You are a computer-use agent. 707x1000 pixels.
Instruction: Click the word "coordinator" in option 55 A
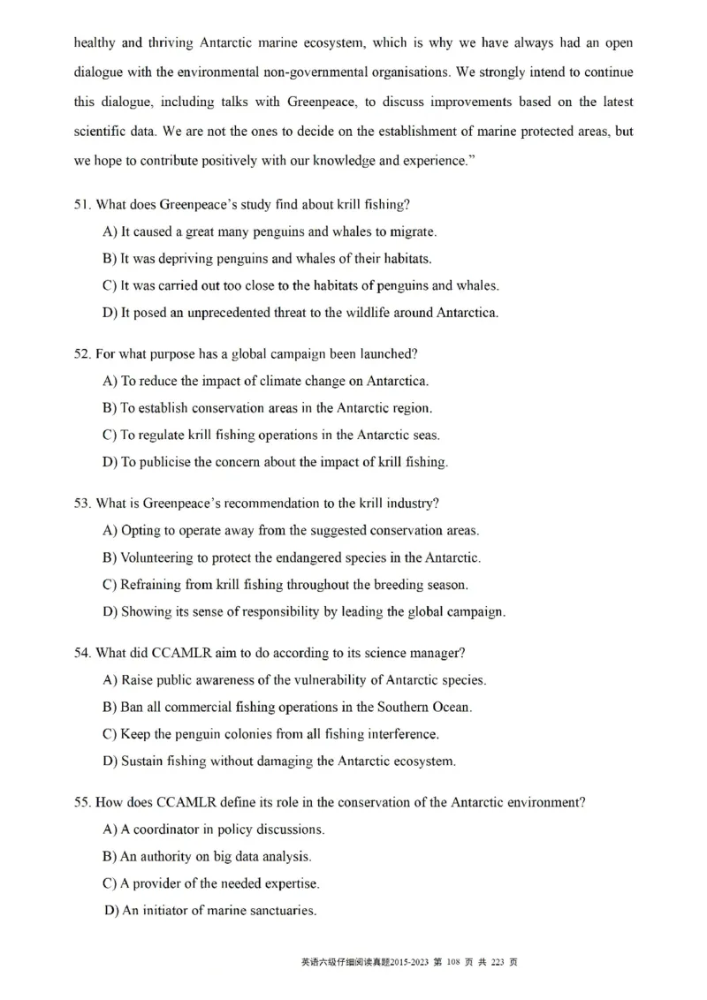pos(170,830)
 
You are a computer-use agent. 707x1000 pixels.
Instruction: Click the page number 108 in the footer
pos(457,962)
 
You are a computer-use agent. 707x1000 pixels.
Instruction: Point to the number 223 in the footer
pos(497,962)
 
